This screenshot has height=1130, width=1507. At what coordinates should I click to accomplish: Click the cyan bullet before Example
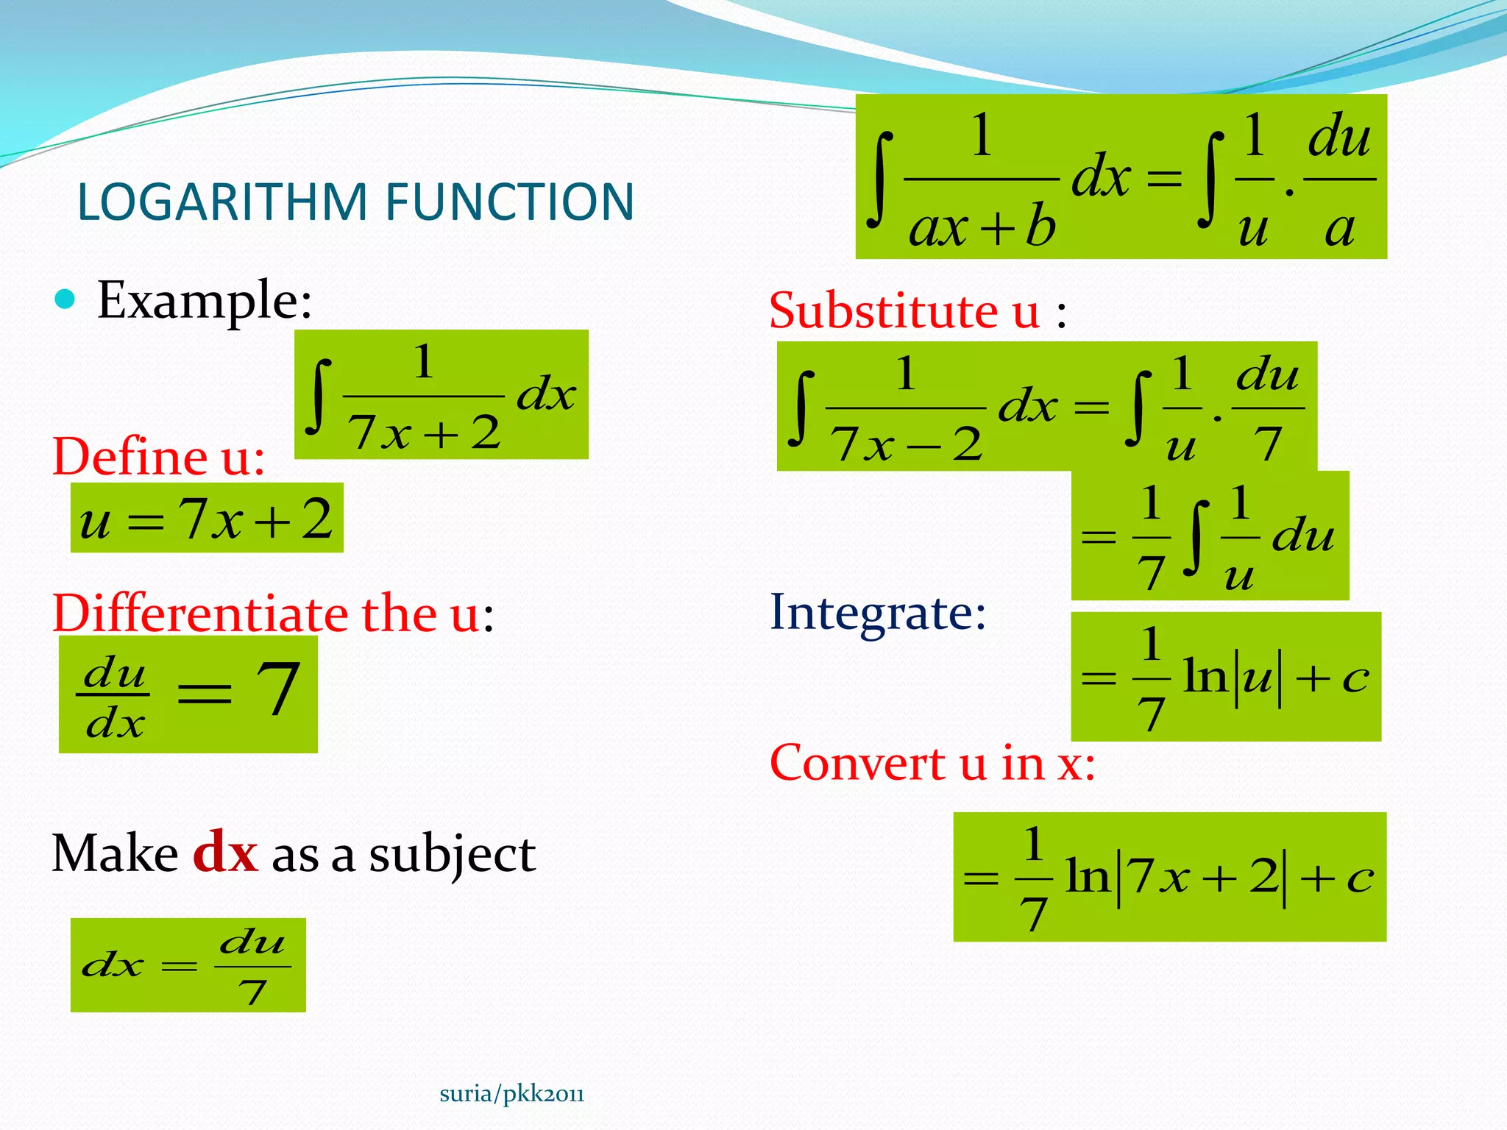(x=65, y=299)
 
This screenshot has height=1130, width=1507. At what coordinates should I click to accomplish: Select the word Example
(x=204, y=300)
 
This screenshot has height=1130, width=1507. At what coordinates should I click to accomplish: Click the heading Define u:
(x=158, y=457)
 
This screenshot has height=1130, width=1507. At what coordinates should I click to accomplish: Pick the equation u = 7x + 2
(x=207, y=519)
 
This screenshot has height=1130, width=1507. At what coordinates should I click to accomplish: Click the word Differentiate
(x=201, y=614)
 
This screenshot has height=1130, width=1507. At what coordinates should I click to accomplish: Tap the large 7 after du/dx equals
(x=277, y=689)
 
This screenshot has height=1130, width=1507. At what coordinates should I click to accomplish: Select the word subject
(x=452, y=855)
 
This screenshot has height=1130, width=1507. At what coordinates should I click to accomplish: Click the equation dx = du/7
(x=188, y=964)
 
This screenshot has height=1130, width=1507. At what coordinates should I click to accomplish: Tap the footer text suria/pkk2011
(x=511, y=1094)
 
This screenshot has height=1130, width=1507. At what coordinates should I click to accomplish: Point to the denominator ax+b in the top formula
(x=982, y=228)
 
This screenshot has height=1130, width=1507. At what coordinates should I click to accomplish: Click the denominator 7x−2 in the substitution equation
(x=906, y=444)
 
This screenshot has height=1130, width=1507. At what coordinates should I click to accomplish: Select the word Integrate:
(x=877, y=612)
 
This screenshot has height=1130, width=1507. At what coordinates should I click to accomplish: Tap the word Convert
(x=857, y=763)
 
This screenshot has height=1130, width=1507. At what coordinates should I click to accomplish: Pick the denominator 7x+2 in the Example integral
(x=424, y=432)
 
